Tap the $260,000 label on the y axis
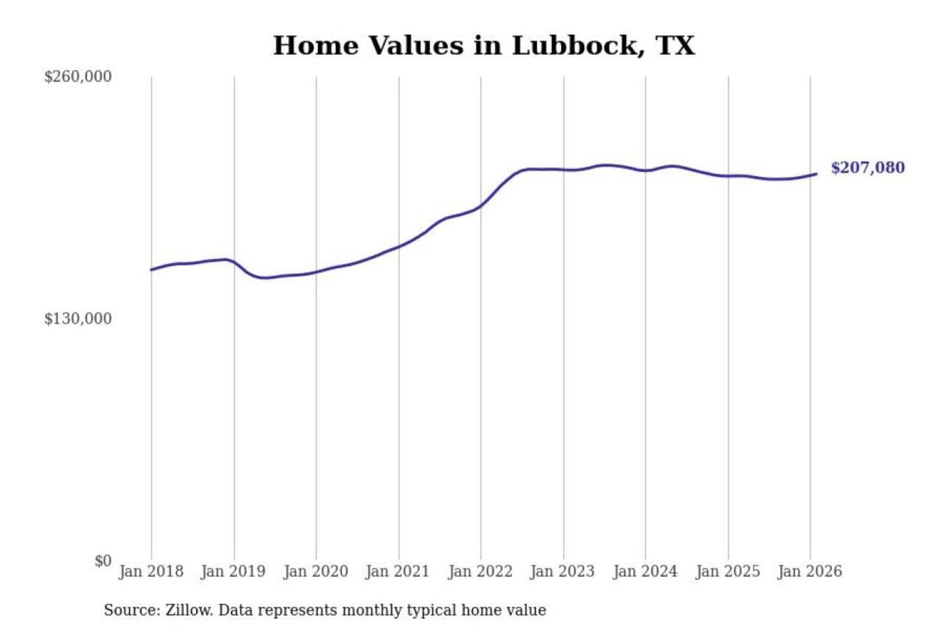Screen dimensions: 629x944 [x=77, y=77]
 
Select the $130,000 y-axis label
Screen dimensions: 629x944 [x=77, y=319]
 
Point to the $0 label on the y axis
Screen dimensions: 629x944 [x=103, y=561]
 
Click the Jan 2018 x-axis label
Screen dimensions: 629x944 [x=151, y=571]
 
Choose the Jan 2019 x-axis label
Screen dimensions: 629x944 [x=233, y=571]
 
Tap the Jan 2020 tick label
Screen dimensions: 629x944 [x=315, y=571]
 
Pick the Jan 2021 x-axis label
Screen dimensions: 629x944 [x=397, y=571]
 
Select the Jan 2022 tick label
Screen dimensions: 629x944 [x=480, y=571]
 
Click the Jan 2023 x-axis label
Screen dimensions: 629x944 [x=562, y=571]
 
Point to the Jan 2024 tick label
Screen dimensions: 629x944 [x=644, y=571]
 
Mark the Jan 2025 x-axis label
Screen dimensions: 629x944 [x=727, y=571]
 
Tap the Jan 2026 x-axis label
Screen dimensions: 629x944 [x=809, y=571]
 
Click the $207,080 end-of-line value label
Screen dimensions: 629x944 [x=867, y=168]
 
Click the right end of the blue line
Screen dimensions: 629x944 [x=816, y=174]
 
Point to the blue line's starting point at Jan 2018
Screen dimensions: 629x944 [x=151, y=269]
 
